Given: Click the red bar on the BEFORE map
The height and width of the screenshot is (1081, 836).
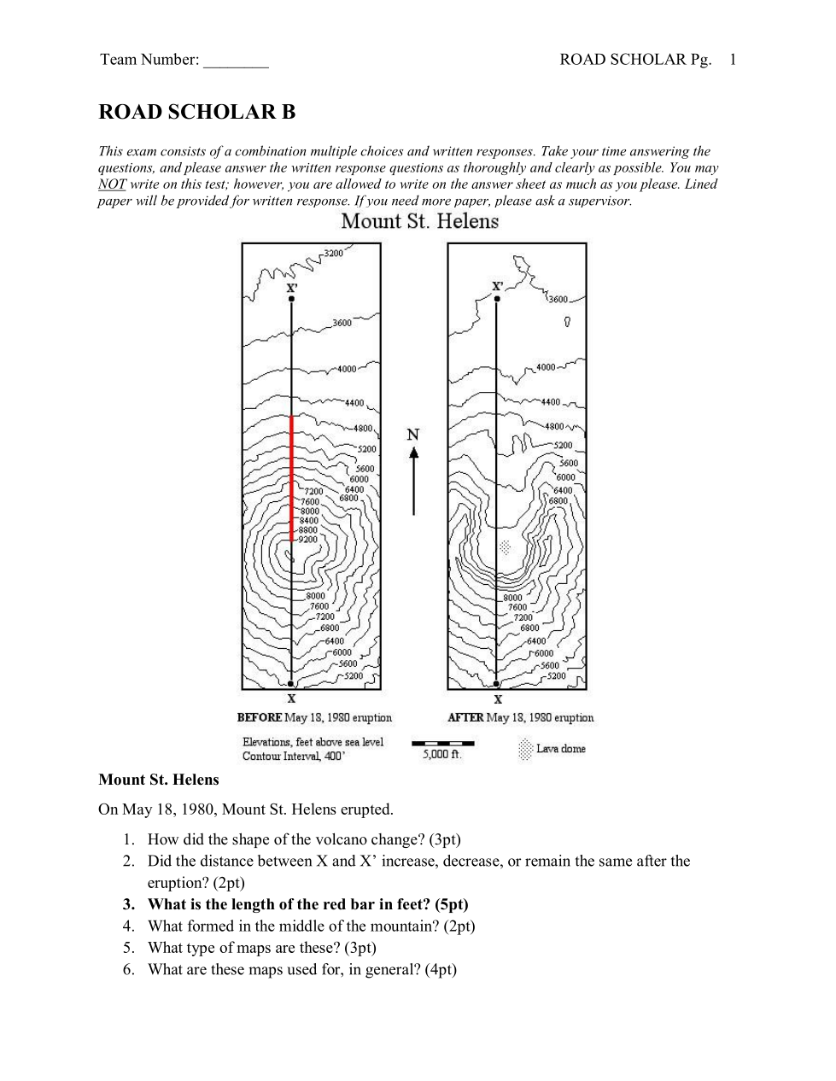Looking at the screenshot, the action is [x=291, y=478].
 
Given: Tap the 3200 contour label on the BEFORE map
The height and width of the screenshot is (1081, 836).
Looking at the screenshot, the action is [x=333, y=254].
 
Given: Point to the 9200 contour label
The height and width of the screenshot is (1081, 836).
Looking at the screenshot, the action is [x=308, y=540].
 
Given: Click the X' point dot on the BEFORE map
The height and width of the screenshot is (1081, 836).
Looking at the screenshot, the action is [x=291, y=299].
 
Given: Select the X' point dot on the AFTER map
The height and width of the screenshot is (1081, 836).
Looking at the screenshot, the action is [x=497, y=299].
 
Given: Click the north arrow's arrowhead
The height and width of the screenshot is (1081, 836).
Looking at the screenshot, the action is [x=414, y=453].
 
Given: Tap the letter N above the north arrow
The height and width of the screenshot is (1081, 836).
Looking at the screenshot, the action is [x=412, y=435].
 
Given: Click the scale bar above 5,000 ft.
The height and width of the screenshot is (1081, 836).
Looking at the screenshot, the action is [x=442, y=744].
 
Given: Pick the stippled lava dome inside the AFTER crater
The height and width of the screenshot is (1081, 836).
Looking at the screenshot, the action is [x=505, y=547].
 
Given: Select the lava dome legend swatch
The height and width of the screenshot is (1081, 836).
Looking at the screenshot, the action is [x=524, y=749].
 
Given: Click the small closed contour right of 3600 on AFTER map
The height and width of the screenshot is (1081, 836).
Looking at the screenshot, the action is [x=567, y=322].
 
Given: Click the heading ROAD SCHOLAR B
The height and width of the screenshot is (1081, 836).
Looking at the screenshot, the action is [x=197, y=112].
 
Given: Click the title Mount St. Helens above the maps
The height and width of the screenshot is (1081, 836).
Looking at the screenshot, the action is [x=420, y=221].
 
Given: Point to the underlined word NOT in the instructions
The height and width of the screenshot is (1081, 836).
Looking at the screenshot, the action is [x=112, y=184].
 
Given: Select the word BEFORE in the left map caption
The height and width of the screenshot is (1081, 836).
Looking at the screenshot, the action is [x=260, y=717].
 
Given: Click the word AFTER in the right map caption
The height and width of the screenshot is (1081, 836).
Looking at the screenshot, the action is [x=465, y=717].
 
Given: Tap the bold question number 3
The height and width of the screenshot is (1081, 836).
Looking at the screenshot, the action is [x=129, y=904].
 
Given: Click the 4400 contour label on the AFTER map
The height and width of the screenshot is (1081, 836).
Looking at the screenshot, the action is [x=551, y=402].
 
